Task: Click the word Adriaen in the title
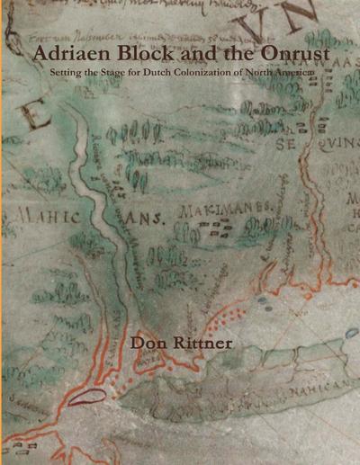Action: pos(71,55)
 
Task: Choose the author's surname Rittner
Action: pos(203,342)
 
